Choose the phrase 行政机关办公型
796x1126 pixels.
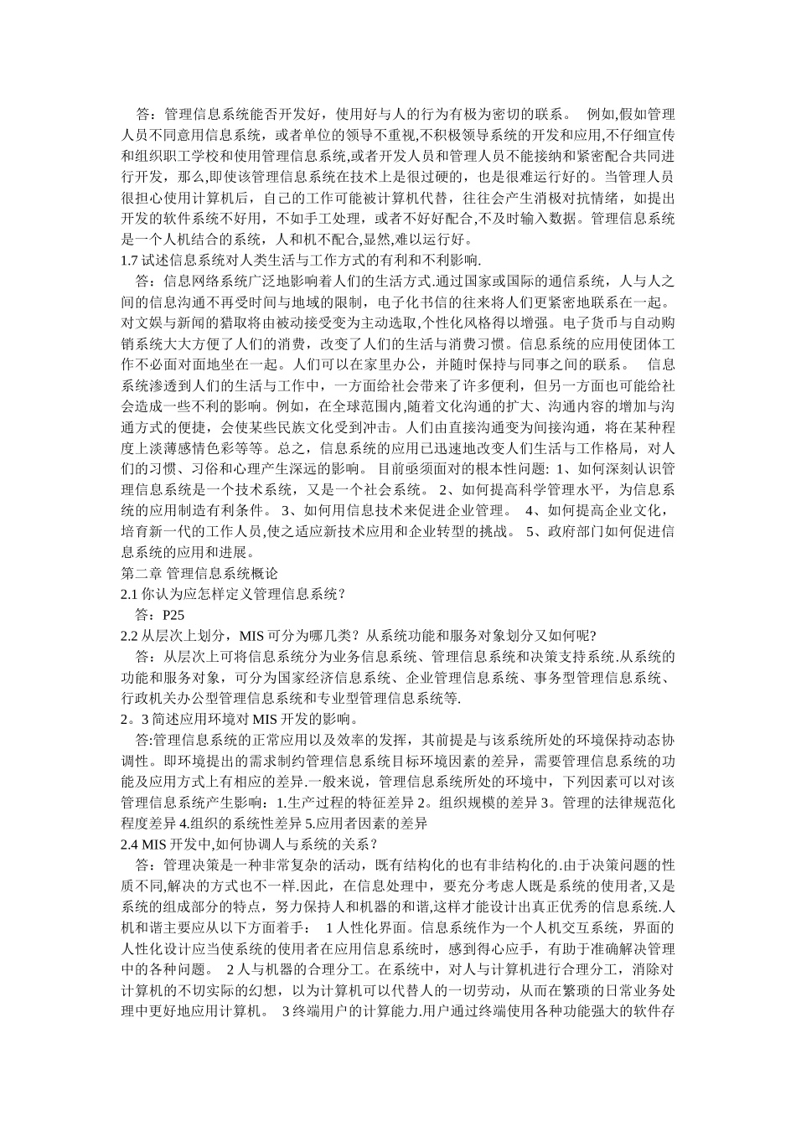pyautogui.click(x=173, y=698)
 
